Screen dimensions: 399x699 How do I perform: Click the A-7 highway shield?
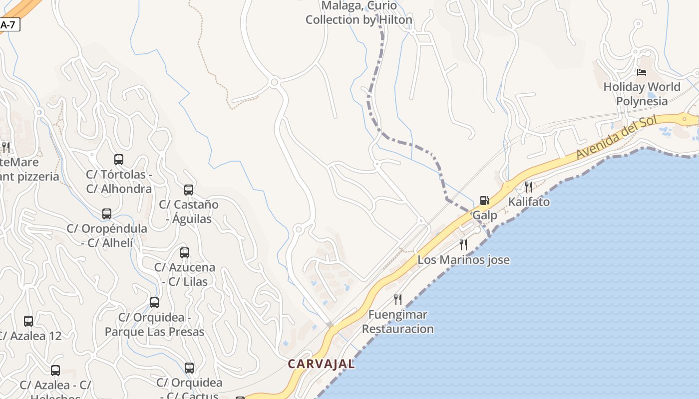(8, 24)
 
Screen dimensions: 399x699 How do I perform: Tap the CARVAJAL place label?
(322, 364)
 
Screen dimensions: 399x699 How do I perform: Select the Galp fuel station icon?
(484, 200)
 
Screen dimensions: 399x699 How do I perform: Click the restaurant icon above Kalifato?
(529, 187)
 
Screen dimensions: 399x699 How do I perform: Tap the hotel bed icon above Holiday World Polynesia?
(642, 72)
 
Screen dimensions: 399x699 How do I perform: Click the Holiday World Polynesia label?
(642, 94)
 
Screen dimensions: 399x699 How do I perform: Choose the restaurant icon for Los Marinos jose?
(463, 244)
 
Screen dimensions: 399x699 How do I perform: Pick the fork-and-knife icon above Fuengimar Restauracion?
(398, 299)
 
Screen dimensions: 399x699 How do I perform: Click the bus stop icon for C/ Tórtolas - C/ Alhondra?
(119, 160)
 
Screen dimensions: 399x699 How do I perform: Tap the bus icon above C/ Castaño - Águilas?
(189, 190)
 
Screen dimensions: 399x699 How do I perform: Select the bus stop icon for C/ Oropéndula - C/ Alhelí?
(107, 213)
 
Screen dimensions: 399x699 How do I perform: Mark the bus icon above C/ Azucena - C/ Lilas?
(185, 252)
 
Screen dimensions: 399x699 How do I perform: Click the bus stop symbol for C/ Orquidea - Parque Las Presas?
(154, 302)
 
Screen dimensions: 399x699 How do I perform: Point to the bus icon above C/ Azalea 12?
(28, 321)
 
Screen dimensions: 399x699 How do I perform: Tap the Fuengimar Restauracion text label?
(398, 322)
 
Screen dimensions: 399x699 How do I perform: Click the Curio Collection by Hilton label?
(359, 13)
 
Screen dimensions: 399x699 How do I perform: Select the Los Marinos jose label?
(463, 260)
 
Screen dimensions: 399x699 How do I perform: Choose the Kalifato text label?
(529, 202)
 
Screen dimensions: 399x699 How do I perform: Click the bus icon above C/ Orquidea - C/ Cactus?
(189, 368)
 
